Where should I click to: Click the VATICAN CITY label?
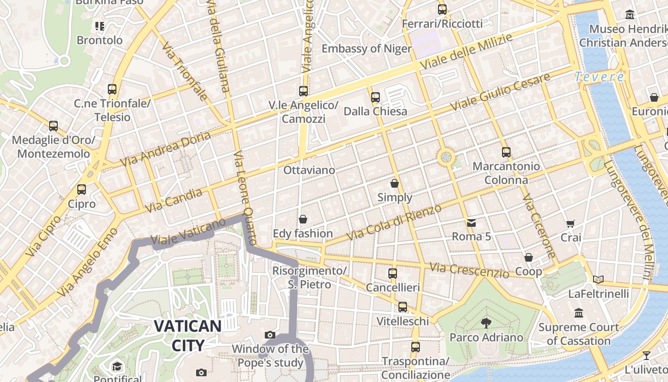pos(188,336)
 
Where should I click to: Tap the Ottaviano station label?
pos(309,170)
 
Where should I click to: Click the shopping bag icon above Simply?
pos(395,183)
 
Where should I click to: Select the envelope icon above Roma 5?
pos(471,223)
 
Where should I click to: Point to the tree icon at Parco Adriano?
pos(486,323)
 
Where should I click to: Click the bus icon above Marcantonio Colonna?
pos(506,152)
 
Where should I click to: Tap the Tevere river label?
pos(599,76)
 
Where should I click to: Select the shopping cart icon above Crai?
pos(570,223)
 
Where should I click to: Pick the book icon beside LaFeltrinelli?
pos(598,279)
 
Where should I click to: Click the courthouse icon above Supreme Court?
pos(579,313)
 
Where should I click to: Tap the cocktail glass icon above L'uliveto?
pos(646,355)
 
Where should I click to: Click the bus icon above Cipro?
pos(82,190)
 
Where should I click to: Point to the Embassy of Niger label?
pos(366,49)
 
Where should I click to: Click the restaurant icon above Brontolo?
pos(100,26)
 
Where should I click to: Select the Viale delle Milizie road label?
pos(466,52)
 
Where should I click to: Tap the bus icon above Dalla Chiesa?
pos(376,97)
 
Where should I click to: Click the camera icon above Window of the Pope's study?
pos(270,335)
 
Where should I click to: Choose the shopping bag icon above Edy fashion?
pos(303,219)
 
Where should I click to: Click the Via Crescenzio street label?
pos(469,270)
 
